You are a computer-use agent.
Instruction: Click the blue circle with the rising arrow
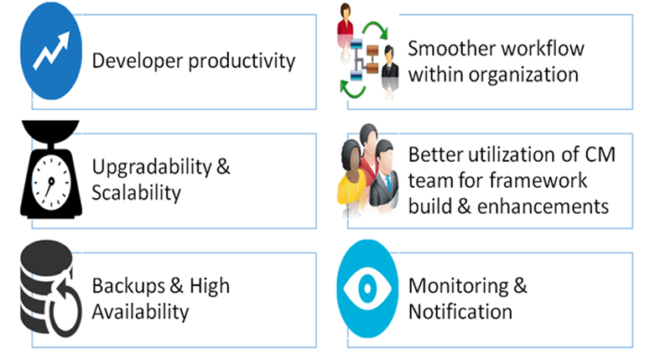pos(51,51)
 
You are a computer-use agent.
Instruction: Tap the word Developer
pos(138,61)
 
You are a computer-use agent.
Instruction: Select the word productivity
pos(242,61)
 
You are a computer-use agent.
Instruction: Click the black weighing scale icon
pos(50,170)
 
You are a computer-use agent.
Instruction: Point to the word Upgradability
pos(152,168)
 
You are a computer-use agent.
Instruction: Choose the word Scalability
pos(137,193)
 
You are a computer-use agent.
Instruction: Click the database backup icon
pos(50,288)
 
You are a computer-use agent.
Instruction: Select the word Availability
pos(141,312)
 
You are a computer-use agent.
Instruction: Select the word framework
pos(538,180)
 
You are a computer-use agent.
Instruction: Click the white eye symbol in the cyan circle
pos(367,289)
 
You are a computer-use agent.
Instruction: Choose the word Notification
pos(460,312)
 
